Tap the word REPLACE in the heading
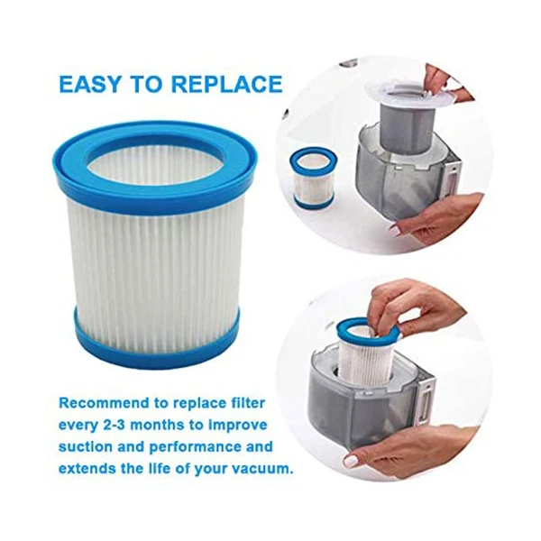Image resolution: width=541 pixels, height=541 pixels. (x=227, y=86)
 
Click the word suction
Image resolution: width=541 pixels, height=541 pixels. (x=88, y=446)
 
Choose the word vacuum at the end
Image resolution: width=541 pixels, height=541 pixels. (x=261, y=469)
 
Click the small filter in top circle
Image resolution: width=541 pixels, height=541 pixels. (x=313, y=177)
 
